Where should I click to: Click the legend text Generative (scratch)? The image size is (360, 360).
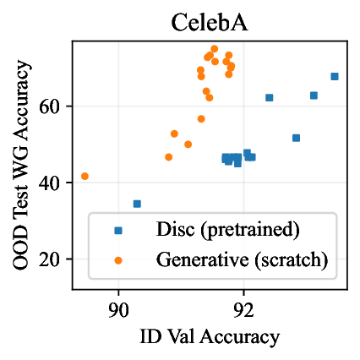click(x=242, y=259)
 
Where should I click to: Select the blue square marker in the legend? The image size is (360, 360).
click(x=117, y=230)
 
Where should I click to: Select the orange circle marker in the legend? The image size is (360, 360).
click(x=117, y=259)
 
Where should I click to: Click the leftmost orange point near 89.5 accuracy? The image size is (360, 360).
click(x=85, y=176)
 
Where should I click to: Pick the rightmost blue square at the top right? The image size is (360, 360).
click(x=335, y=76)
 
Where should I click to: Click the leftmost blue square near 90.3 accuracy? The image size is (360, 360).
click(x=137, y=204)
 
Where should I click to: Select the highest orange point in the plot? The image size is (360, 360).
click(x=214, y=49)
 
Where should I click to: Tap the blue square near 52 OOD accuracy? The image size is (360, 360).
click(x=296, y=138)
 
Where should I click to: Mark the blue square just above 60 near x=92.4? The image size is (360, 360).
click(x=270, y=97)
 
